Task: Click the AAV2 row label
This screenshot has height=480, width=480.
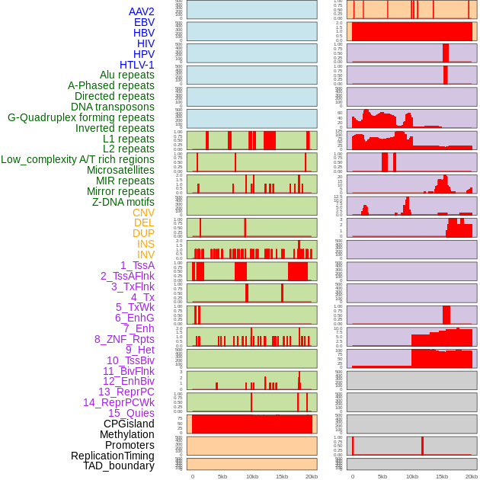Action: coord(141,11)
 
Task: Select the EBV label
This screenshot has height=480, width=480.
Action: coord(144,22)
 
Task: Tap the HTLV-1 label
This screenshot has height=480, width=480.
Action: coord(136,65)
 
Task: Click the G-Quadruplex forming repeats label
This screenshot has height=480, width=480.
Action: coord(81,117)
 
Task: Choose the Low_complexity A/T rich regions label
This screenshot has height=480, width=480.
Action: coord(78,159)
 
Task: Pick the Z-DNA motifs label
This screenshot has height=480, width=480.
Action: coord(123,202)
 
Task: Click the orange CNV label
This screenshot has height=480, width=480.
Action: coord(143,213)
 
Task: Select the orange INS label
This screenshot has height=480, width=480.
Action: coord(146,244)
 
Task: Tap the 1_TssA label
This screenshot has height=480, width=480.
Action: coord(137,265)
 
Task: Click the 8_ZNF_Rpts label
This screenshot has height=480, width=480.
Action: coord(124,339)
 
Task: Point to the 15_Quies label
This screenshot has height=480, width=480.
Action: coord(131,413)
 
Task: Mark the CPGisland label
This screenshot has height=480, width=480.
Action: coord(129,424)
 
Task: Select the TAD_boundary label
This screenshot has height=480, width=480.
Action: coord(118,466)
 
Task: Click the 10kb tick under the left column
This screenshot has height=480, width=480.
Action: coord(252,476)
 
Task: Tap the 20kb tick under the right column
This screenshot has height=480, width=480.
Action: coord(472,476)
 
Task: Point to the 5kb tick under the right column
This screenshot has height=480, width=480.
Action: coord(382,476)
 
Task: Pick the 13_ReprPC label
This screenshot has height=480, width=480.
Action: coord(126,392)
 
